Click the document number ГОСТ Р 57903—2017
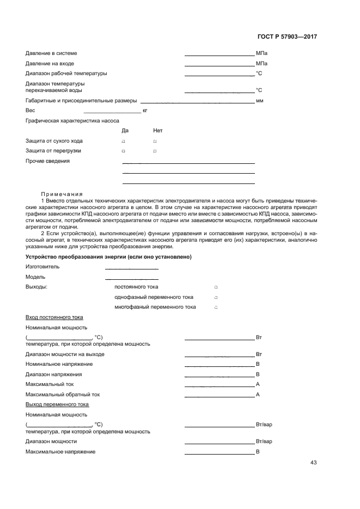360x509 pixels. point(287,37)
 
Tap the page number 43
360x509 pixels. point(313,463)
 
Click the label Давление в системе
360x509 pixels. point(51,53)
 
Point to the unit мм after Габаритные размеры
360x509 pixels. point(259,101)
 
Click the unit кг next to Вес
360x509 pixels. point(145,111)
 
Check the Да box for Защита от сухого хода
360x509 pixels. point(124,142)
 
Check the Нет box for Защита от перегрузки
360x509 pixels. point(155,151)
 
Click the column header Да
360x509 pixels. point(125,131)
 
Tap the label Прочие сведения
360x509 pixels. point(47,161)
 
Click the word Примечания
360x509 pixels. point(62,194)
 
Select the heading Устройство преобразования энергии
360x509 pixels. point(108,257)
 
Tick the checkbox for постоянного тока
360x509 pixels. point(216,287)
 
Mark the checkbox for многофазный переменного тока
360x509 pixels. point(216,308)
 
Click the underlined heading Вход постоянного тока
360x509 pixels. point(54,317)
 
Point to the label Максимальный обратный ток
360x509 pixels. point(63,394)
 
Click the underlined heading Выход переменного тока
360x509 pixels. point(57,404)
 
